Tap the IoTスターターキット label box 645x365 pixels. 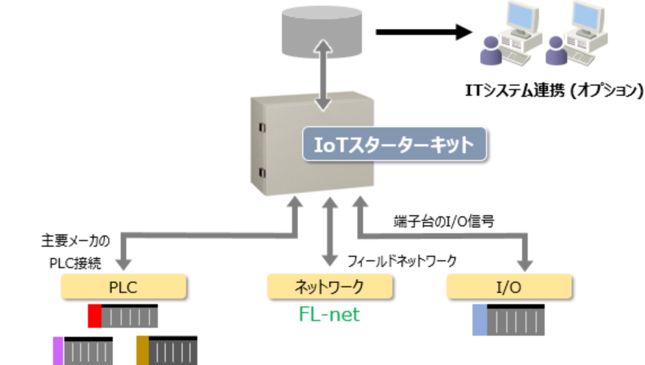tap(394, 145)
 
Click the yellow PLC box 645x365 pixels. tap(123, 287)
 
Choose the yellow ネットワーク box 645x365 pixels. tap(329, 287)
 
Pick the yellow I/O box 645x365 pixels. tap(509, 287)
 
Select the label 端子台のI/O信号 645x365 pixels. tap(444, 221)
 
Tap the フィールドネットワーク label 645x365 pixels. tap(401, 261)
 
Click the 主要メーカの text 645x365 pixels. tap(75, 241)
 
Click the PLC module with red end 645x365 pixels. tap(123, 316)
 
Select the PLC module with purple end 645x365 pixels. tap(83, 350)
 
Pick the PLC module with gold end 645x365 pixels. tap(167, 350)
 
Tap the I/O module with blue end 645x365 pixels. tap(509, 320)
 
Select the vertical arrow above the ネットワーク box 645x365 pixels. tap(329, 231)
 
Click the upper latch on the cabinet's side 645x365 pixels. tap(262, 128)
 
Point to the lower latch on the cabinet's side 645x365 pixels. tap(262, 172)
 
